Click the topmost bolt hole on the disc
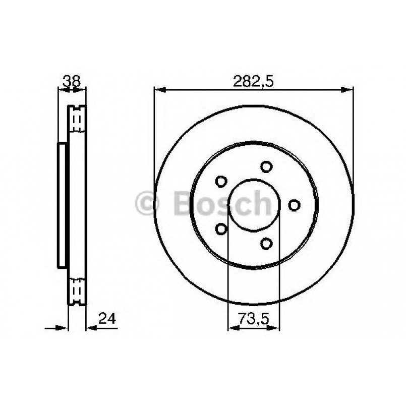tap(266, 167)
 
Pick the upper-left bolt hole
tap(221, 181)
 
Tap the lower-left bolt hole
tap(221, 228)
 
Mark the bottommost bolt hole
tap(266, 243)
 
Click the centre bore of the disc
tap(253, 205)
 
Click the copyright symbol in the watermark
tap(148, 204)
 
